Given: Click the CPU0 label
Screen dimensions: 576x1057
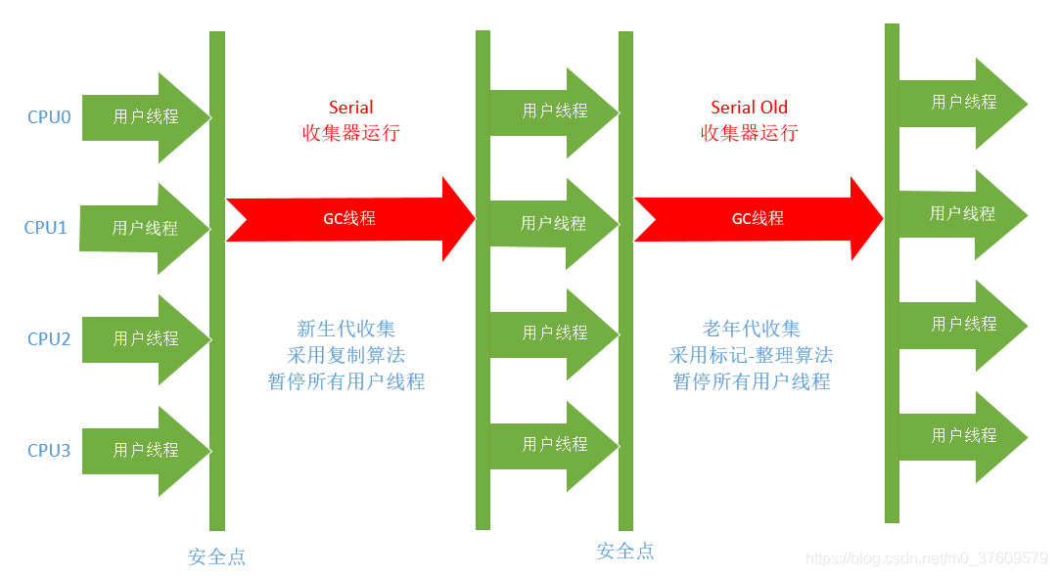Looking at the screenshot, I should (x=49, y=117).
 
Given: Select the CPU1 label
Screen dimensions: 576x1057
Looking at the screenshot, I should (x=46, y=228).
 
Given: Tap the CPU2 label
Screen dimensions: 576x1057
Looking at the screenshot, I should (x=49, y=339).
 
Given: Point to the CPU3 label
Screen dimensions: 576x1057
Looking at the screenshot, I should (x=49, y=451).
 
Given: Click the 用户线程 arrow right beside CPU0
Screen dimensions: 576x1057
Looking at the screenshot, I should (x=146, y=117).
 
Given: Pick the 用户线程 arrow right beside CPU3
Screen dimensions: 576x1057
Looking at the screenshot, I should (x=146, y=451).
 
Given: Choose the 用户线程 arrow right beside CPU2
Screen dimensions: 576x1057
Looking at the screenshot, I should (x=146, y=339).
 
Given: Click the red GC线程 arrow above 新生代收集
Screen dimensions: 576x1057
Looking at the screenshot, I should (x=349, y=219).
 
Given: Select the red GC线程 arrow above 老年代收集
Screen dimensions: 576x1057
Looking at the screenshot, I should (x=758, y=219).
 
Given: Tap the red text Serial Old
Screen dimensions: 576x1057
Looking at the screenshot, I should (x=749, y=108).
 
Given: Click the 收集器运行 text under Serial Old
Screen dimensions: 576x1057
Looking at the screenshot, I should (x=749, y=133).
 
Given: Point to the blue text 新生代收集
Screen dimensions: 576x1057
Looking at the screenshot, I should (x=346, y=330).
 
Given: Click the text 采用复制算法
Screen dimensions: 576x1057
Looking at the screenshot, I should (x=346, y=355).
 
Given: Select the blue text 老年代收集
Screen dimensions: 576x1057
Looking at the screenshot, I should (x=751, y=330).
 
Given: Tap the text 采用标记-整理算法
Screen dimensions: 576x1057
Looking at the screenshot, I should (x=751, y=355).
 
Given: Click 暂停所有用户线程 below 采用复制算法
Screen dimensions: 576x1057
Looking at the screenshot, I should (x=346, y=381).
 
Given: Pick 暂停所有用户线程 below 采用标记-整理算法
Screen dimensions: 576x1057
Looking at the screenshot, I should (x=751, y=381).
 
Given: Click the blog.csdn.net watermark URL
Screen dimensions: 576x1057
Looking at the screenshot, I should (x=926, y=558).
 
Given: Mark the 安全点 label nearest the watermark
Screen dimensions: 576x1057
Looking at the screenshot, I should (x=625, y=552).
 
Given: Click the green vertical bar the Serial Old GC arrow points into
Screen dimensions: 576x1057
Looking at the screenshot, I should (x=892, y=274).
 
